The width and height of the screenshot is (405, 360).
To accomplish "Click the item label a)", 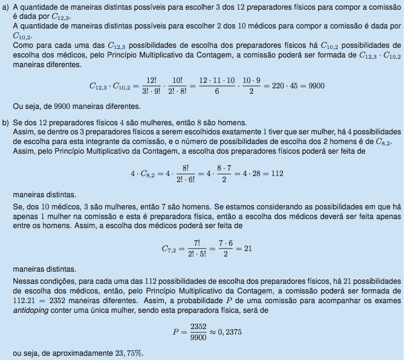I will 5,8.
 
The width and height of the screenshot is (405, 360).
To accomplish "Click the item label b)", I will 5,122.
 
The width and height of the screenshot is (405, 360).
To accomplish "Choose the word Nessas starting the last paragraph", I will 24,281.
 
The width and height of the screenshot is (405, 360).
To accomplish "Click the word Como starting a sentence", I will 23,45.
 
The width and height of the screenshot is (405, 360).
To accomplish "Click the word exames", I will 387,299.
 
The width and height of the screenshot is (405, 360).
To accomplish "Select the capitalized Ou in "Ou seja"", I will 18,105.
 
